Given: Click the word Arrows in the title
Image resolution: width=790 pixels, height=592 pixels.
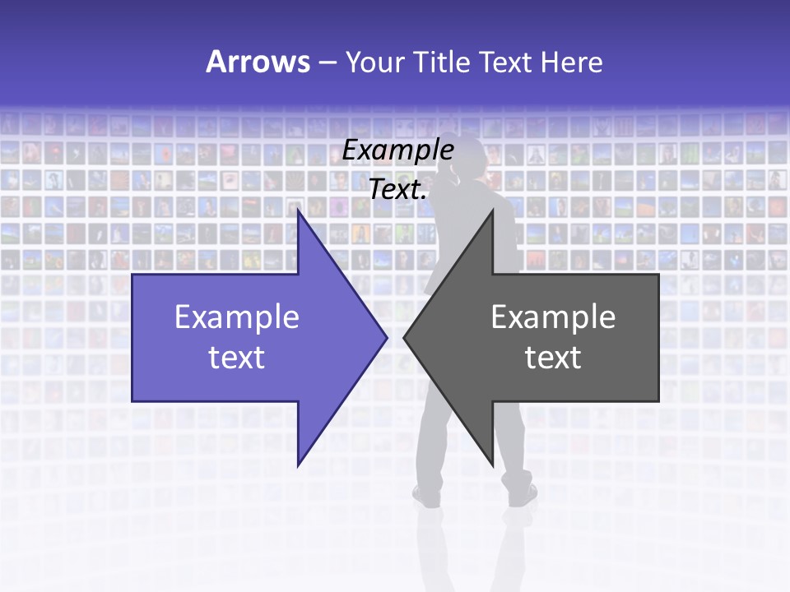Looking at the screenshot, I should tap(258, 62).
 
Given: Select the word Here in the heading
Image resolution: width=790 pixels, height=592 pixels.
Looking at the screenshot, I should tap(571, 62).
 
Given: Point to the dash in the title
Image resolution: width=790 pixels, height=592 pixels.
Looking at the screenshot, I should tap(327, 62).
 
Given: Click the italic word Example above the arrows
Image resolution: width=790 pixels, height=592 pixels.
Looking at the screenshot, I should tap(398, 150).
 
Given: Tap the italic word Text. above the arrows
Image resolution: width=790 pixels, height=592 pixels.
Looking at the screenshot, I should tap(398, 189).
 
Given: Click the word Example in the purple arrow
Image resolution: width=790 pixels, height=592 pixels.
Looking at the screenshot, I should tap(237, 317).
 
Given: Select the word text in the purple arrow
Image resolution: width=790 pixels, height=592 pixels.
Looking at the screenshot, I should tap(237, 358).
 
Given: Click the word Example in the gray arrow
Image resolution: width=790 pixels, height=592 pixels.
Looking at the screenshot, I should tap(553, 317).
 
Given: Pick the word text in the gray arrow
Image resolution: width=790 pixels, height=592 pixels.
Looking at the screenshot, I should tap(553, 358).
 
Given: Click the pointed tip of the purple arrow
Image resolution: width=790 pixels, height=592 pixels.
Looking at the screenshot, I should tap(386, 337).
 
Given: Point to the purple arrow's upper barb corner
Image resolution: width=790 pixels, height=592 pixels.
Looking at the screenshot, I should tap(299, 212).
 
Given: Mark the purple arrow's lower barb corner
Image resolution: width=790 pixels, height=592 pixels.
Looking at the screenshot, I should tap(299, 465).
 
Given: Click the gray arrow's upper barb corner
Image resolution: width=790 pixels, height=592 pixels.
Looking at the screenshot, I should tap(492, 212).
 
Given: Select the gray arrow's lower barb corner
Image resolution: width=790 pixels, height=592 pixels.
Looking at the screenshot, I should tap(492, 465).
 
